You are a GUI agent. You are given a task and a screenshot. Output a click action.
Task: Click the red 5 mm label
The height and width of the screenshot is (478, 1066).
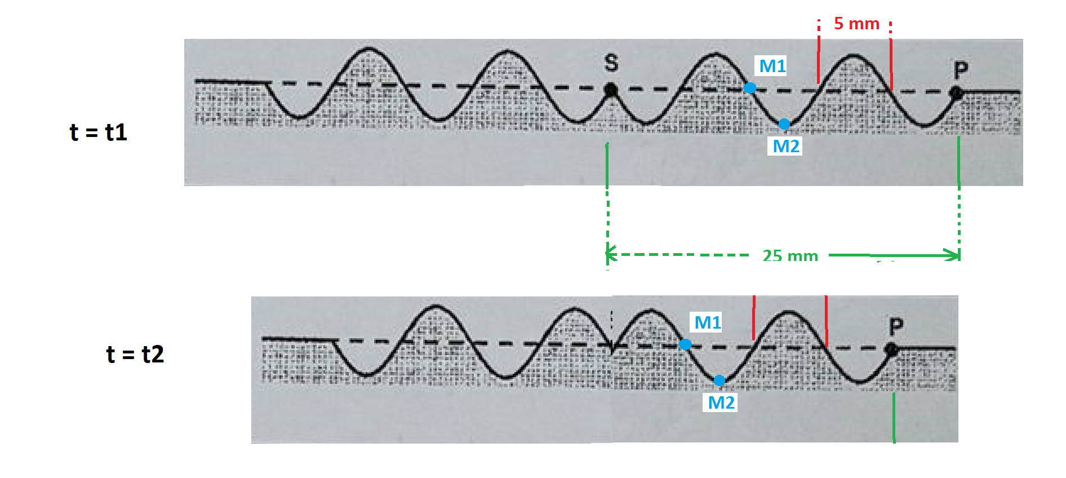point(856,24)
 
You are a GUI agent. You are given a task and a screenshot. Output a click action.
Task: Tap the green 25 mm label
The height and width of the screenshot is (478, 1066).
point(790,256)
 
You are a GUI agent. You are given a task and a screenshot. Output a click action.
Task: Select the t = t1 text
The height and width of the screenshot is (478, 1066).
point(99,132)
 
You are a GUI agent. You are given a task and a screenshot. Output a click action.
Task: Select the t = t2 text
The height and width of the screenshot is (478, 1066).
point(135,354)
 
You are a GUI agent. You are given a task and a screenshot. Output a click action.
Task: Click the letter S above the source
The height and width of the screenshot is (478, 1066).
point(611,63)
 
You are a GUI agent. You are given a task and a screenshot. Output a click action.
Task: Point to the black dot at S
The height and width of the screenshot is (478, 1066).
point(610,89)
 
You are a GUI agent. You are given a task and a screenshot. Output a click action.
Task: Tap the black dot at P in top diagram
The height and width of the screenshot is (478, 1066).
point(956,92)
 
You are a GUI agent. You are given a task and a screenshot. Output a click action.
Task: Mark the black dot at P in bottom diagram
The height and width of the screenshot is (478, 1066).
point(891,349)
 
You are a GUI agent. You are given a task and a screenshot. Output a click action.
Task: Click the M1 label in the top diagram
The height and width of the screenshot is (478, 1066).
point(772,66)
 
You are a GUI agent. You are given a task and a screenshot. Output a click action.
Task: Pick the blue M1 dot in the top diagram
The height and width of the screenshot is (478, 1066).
point(750,87)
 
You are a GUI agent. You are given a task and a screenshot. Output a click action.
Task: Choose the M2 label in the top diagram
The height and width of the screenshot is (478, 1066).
point(786,146)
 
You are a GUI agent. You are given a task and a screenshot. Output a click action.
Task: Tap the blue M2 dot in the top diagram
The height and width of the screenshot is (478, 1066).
point(784,123)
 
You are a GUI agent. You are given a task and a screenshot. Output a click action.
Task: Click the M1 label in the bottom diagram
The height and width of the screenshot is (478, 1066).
point(708,322)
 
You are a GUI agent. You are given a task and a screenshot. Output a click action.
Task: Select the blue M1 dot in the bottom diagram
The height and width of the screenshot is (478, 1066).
point(685,344)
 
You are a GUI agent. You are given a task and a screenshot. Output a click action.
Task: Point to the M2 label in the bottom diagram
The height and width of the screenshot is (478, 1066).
point(721,402)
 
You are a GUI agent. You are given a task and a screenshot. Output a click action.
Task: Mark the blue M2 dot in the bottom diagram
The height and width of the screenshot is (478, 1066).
point(719,380)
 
